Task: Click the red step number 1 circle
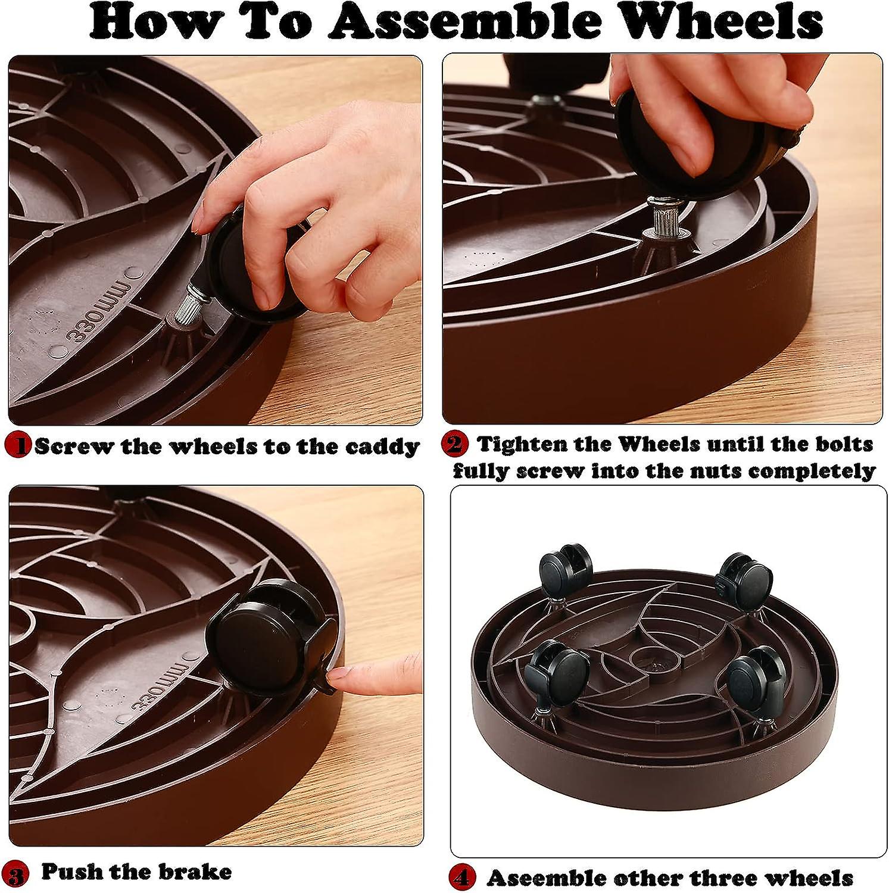(17, 445)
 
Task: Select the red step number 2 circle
(454, 444)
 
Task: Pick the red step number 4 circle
(461, 878)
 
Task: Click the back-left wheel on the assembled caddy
(565, 569)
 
